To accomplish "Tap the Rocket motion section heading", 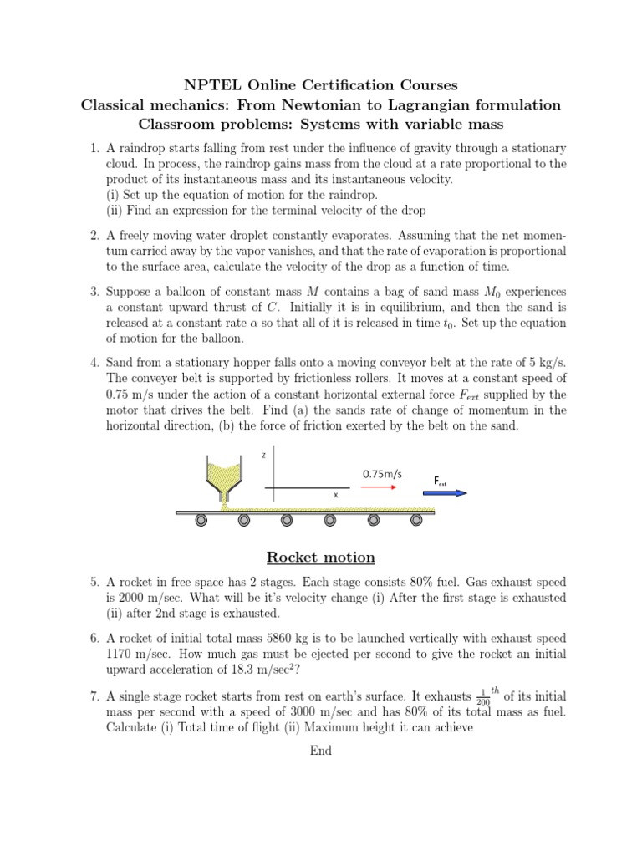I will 320,558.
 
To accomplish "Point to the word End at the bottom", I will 320,750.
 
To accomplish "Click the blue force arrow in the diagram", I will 450,493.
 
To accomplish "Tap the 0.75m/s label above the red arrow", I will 382,474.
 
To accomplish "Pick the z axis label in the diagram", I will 264,456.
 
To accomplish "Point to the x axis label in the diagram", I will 336,495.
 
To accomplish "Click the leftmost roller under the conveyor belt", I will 201,522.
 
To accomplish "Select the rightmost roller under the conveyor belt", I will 417,522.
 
